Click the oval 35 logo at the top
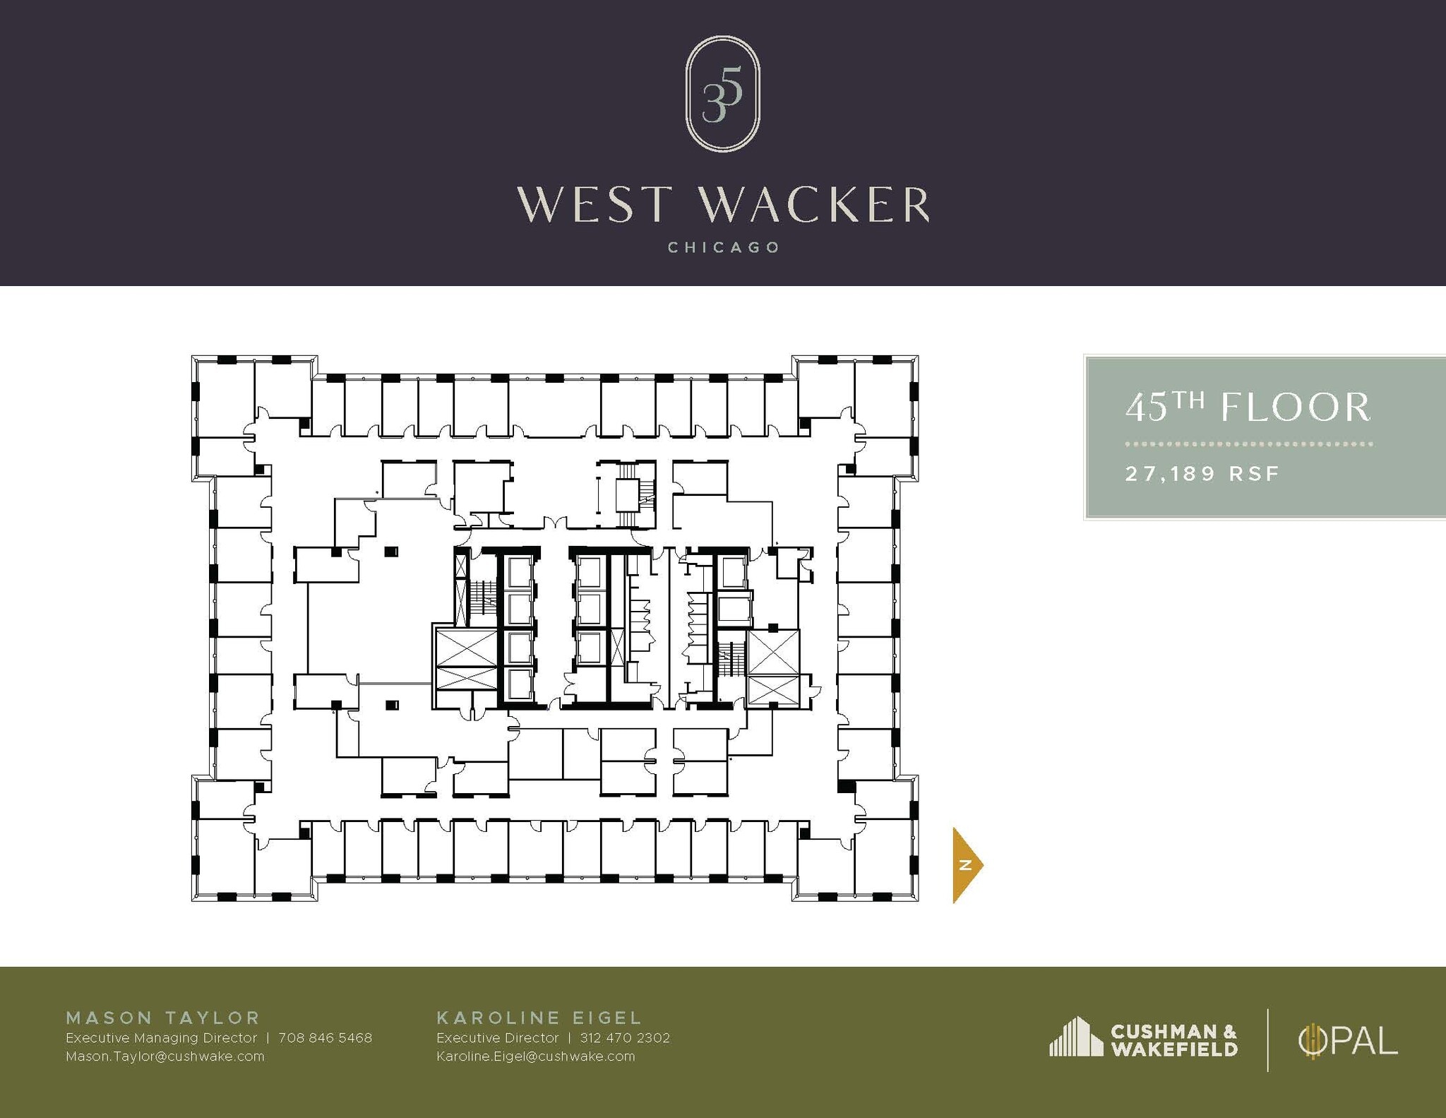pos(722,94)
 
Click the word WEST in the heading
pos(593,205)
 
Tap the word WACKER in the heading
pos(814,205)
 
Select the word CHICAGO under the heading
pos(723,248)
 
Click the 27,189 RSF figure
pos(1202,473)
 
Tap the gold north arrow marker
pos(966,864)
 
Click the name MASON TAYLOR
pos(163,1018)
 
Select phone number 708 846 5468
pos(325,1037)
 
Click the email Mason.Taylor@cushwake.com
pos(165,1057)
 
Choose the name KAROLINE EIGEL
pos(539,1018)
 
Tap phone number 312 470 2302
pos(624,1037)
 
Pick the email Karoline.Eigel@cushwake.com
pos(535,1057)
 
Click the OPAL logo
pos(1348,1041)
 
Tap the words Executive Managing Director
pos(161,1037)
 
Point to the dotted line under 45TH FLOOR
pos(1248,444)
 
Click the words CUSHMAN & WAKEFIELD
pos(1173,1040)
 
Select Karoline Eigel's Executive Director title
pos(497,1037)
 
